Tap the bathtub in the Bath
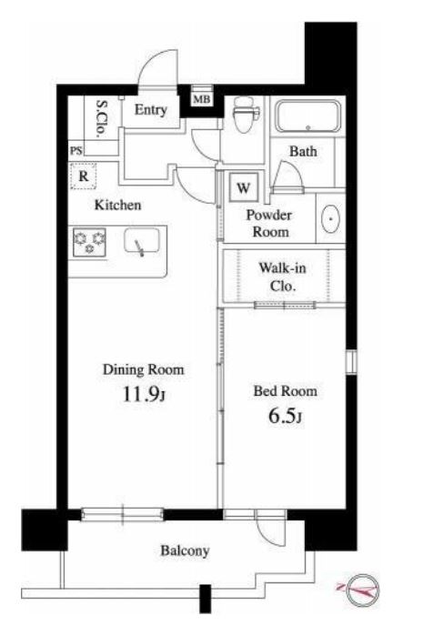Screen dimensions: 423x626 tap(308, 116)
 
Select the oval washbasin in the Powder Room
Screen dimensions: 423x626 tap(330, 218)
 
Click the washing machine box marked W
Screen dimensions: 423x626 tap(244, 187)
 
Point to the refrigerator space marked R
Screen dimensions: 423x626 tap(84, 177)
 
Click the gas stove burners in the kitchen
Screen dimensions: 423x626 tap(89, 242)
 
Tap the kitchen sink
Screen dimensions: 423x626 tap(141, 241)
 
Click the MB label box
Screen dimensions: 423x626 tap(202, 98)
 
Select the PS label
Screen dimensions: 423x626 tap(76, 151)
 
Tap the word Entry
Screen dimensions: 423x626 tap(150, 110)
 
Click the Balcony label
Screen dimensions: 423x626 tap(185, 551)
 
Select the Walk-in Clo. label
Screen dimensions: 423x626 tap(283, 277)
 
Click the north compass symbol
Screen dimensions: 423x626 tap(362, 590)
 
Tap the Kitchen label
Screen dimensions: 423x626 tap(117, 206)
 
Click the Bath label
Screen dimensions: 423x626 tap(303, 151)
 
